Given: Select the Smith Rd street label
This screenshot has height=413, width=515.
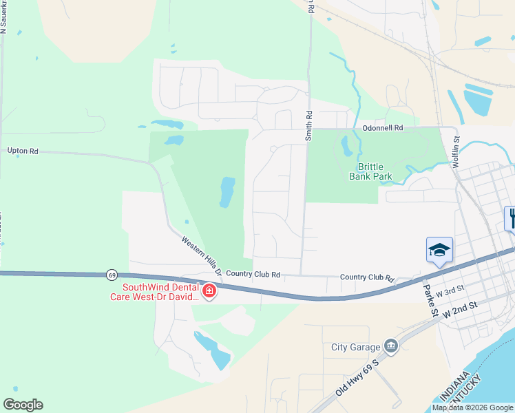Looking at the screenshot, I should click(309, 126).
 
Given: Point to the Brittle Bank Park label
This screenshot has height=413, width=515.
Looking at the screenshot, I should click(375, 171).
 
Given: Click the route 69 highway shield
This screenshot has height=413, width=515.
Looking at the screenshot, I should click(112, 275).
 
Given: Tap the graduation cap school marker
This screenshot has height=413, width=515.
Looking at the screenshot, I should click(439, 251).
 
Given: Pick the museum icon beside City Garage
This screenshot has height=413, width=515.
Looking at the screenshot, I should click(391, 346).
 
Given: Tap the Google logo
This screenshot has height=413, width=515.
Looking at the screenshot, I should click(23, 405).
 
